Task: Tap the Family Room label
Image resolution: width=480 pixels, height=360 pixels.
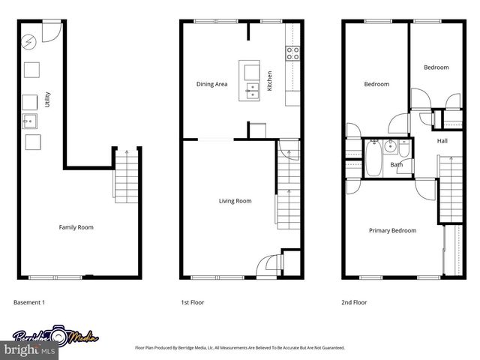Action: pyautogui.click(x=76, y=227)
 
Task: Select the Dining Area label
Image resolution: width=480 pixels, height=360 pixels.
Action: pyautogui.click(x=211, y=84)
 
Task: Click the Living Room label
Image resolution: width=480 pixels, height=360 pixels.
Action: pyautogui.click(x=235, y=201)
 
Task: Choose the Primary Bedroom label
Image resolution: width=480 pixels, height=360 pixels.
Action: pyautogui.click(x=392, y=230)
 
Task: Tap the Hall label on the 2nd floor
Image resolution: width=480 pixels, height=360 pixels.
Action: pyautogui.click(x=442, y=140)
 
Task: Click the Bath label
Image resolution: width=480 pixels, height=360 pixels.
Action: pyautogui.click(x=397, y=164)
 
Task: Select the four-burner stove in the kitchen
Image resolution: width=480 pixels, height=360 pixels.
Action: pyautogui.click(x=292, y=52)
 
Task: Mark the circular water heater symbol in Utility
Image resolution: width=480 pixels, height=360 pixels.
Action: pyautogui.click(x=30, y=42)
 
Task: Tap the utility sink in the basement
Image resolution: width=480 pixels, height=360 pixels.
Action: pyautogui.click(x=30, y=120)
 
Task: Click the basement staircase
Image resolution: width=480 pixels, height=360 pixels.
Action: pyautogui.click(x=126, y=176)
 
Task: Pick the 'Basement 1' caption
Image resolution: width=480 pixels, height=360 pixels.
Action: pyautogui.click(x=30, y=302)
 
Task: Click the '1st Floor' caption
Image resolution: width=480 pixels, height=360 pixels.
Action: pyautogui.click(x=193, y=302)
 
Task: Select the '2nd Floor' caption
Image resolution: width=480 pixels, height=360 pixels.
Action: pyautogui.click(x=355, y=302)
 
